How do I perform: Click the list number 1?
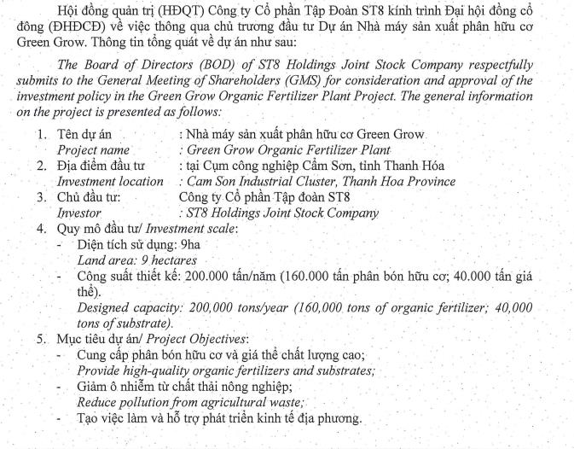point(40,135)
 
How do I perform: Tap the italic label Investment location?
point(109,181)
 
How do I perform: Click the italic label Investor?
point(78,213)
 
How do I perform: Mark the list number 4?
point(40,228)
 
